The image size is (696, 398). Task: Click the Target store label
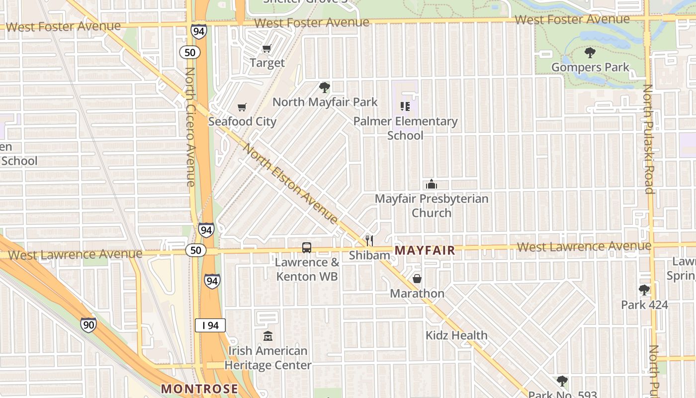267,63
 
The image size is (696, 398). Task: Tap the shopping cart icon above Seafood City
242,107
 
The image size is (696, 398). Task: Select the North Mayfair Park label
325,102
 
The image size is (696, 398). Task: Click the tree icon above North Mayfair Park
325,88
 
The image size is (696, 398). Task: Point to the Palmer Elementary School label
405,128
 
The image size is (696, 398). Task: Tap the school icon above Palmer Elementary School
405,106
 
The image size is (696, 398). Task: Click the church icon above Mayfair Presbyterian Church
431,185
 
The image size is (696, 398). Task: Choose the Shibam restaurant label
369,255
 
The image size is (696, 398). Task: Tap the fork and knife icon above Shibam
369,241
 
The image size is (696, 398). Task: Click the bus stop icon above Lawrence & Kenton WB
307,247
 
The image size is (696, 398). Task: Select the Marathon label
417,294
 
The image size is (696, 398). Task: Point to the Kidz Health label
456,335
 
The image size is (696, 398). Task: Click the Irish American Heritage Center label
268,358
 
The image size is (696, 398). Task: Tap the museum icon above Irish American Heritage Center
268,336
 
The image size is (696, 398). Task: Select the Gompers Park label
590,67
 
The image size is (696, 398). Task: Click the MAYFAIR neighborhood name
425,250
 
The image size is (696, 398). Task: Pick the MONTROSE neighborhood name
200,389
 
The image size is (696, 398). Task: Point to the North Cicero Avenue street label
189,127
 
